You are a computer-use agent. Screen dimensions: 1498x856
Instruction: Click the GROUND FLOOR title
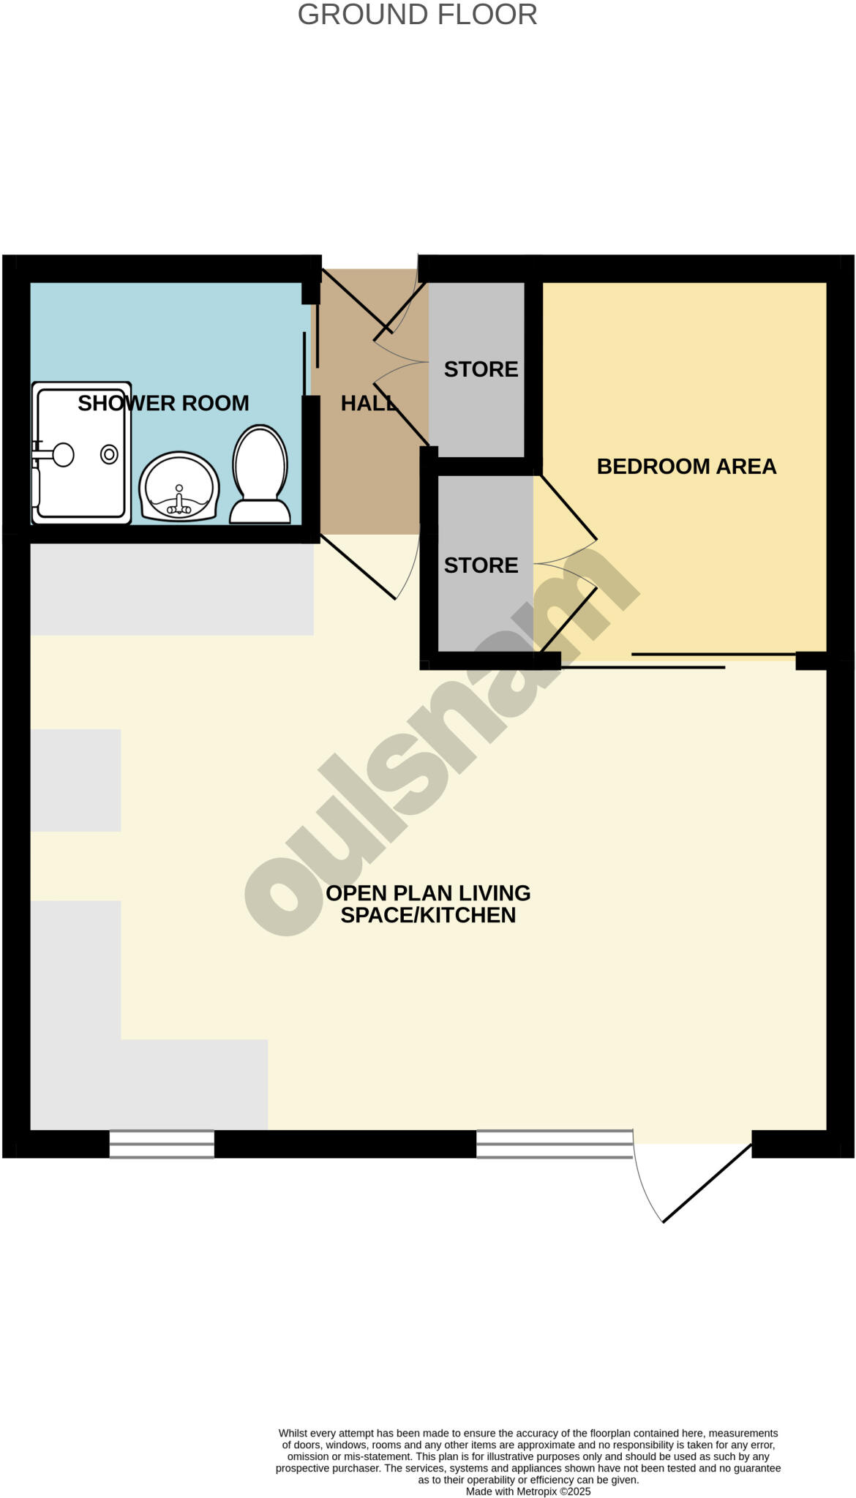coord(417,15)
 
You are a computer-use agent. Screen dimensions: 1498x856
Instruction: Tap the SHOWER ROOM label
coord(163,403)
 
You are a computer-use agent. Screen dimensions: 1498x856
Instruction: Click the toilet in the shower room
coord(260,475)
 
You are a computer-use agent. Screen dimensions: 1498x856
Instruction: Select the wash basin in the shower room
coord(179,487)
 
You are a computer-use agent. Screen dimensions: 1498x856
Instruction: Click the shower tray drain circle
coord(109,454)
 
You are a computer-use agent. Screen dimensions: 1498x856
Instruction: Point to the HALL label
coord(368,403)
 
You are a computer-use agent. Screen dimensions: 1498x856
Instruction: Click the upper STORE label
coord(481,369)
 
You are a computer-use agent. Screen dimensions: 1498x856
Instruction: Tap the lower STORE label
coord(481,565)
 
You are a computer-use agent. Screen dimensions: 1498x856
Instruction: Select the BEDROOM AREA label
coord(686,466)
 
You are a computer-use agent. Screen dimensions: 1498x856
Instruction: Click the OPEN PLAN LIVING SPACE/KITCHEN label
coord(428,903)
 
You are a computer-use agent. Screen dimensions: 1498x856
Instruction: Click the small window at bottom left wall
coord(162,1144)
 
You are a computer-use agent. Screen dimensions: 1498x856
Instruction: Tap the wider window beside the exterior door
coord(554,1144)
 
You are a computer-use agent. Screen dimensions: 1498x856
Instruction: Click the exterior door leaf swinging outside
coord(707,1183)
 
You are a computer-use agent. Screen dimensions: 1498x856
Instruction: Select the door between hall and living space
coord(358,568)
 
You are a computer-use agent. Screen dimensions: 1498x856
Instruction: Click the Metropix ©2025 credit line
coord(528,1491)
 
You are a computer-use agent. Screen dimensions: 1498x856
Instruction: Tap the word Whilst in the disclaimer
coord(293,1433)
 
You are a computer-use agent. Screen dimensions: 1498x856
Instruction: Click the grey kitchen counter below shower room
coord(172,589)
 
